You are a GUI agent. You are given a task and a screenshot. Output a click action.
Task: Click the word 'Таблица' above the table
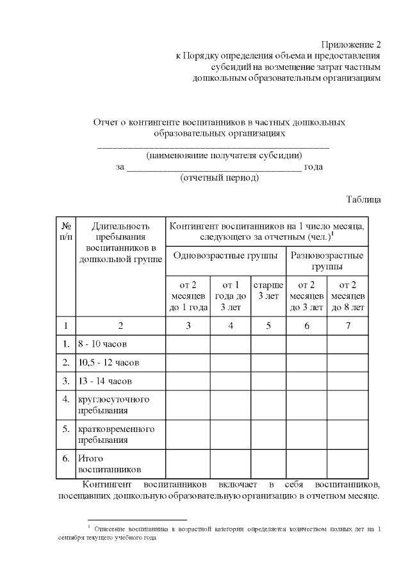[x=364, y=199]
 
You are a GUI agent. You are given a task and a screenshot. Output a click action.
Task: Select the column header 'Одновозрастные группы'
[x=225, y=256]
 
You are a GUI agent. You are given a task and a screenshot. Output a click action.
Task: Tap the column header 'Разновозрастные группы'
[x=327, y=261]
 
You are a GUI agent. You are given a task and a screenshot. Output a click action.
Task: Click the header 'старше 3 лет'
[x=268, y=290]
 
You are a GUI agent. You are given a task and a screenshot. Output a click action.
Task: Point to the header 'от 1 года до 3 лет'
[x=230, y=295]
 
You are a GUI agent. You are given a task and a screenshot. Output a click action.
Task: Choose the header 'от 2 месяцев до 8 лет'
[x=348, y=295]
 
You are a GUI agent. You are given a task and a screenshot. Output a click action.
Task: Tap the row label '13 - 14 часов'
[x=104, y=381]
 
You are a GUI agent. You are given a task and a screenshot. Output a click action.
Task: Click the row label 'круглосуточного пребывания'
[x=113, y=404]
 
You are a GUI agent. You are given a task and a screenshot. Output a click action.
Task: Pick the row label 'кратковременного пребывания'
[x=116, y=434]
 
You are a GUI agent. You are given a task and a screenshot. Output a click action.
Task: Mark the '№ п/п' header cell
[x=65, y=231]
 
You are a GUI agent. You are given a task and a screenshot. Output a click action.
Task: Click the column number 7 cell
[x=348, y=326]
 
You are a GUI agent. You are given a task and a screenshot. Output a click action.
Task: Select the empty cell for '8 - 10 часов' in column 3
[x=188, y=344]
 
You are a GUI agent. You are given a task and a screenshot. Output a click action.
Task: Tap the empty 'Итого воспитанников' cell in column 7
[x=348, y=464]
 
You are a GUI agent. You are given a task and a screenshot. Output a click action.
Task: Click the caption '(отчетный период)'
[x=220, y=178]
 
